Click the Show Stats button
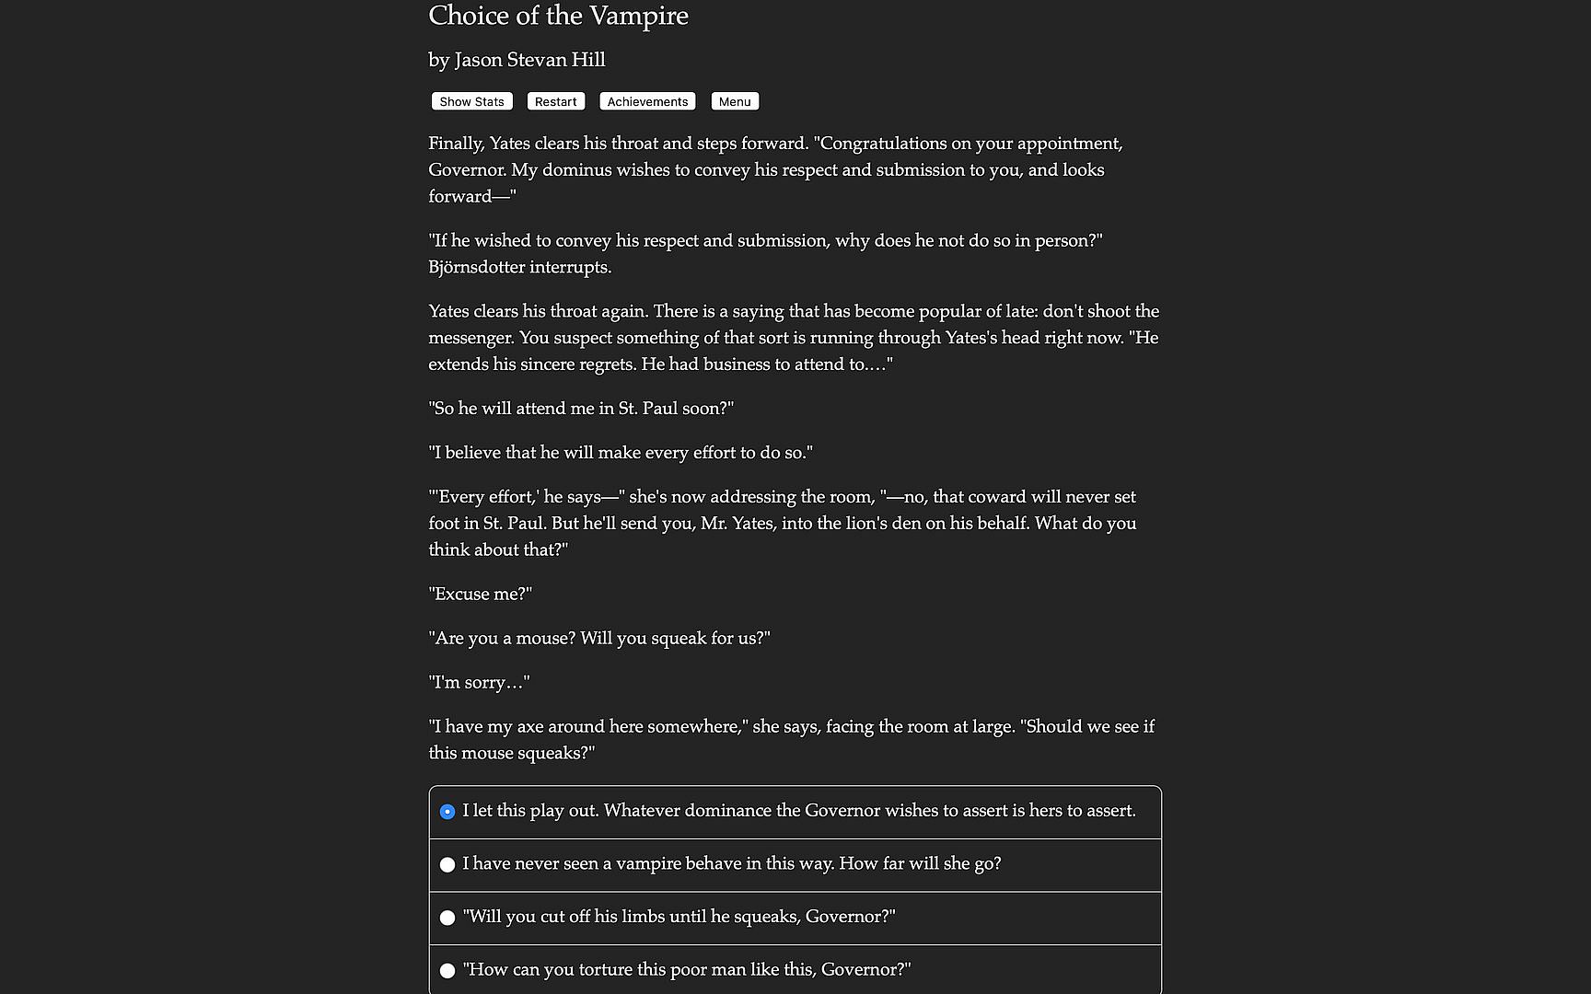(471, 101)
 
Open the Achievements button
(647, 101)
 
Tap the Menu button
(735, 101)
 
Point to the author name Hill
(588, 60)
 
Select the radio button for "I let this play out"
(447, 812)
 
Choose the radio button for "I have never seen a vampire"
(447, 865)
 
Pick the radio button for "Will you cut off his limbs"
(447, 918)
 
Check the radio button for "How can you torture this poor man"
(447, 971)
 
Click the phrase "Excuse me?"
(481, 595)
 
